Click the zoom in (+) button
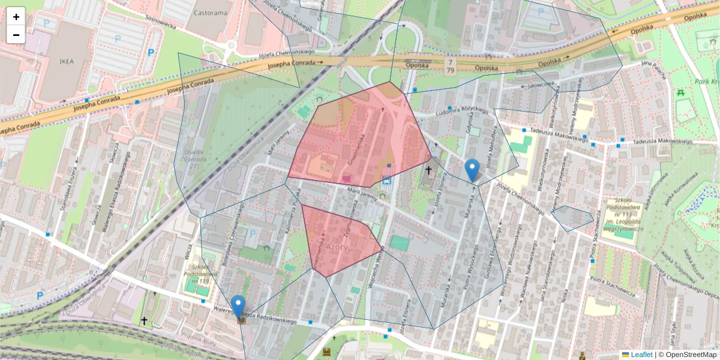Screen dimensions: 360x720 (16, 16)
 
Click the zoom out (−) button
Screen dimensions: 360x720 (16, 35)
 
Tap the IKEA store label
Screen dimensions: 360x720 (66, 61)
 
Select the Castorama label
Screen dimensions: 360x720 (212, 12)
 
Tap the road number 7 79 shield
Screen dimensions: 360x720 (450, 67)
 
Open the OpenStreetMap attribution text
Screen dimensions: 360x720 (691, 355)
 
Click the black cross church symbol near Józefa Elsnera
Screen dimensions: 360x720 (428, 171)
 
